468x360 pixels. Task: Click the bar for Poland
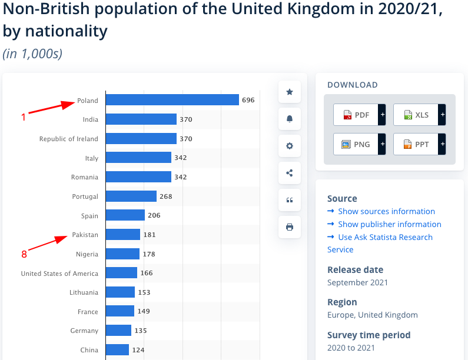pos(172,100)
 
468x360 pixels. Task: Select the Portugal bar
pos(131,196)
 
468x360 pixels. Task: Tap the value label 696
pos(248,101)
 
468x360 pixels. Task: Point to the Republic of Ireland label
pos(69,139)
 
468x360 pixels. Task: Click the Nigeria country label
pos(87,254)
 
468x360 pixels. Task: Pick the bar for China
pos(117,350)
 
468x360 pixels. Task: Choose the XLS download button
pos(416,115)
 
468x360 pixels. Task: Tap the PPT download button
pos(416,144)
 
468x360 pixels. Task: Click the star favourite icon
pos(289,92)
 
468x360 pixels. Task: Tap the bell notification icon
pos(289,119)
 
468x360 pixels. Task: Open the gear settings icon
pos(289,146)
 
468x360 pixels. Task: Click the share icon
pos(289,173)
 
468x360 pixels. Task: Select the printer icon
pos(289,227)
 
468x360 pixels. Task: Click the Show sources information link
pos(386,211)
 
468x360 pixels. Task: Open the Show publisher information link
pos(389,224)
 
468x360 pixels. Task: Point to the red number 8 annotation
pos(24,254)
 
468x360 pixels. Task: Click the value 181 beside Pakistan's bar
pos(150,235)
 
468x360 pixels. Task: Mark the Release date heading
pos(355,269)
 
